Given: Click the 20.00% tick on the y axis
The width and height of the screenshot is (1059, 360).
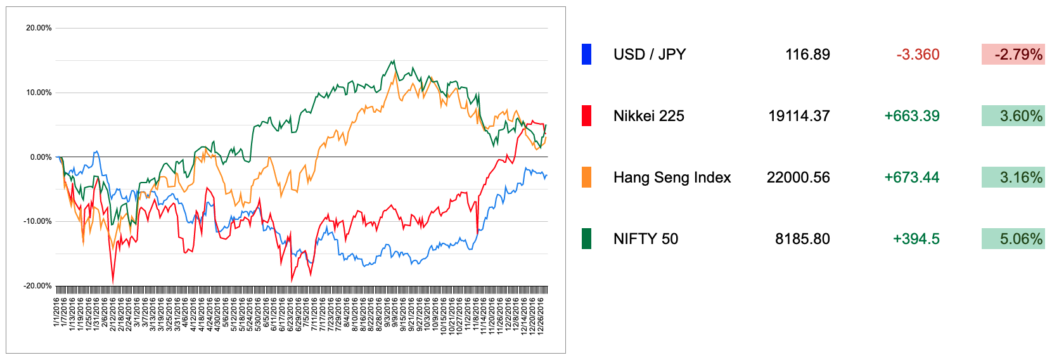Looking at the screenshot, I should pos(39,28).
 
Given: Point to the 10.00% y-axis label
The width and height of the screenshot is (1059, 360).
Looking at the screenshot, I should pos(39,93).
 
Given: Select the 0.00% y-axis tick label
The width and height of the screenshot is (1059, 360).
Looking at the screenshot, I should pos(41,157).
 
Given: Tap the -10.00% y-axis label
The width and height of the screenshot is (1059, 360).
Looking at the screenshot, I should pos(38,221).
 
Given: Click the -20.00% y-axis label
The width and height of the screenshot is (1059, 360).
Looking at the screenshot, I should pos(38,286).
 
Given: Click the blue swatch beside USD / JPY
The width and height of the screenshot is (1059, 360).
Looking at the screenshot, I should pos(586,55).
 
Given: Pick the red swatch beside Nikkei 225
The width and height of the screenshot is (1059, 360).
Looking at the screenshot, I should pos(586,116).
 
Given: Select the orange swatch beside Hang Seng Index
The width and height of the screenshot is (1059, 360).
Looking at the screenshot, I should pos(586,177).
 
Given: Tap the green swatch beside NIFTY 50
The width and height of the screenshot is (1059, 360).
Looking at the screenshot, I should pos(586,239).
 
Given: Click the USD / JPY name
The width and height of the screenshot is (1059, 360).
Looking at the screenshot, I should pos(650,55).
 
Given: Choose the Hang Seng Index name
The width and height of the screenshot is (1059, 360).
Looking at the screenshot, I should pos(672,177).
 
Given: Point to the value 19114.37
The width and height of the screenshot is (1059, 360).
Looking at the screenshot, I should pos(799,116).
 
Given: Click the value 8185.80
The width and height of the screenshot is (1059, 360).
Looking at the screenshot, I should pos(802,239).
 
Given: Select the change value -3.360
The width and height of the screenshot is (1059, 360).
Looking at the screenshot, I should pos(918,55).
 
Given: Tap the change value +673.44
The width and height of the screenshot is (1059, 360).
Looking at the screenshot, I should pos(911,177).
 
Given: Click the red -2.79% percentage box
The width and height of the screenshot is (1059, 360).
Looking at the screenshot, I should pos(1013,55).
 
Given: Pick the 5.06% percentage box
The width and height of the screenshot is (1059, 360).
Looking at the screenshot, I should pos(1013,239).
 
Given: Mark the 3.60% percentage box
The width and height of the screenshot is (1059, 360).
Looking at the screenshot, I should pos(1013,116).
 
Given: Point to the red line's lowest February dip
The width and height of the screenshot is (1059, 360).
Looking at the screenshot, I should pos(113,282).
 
